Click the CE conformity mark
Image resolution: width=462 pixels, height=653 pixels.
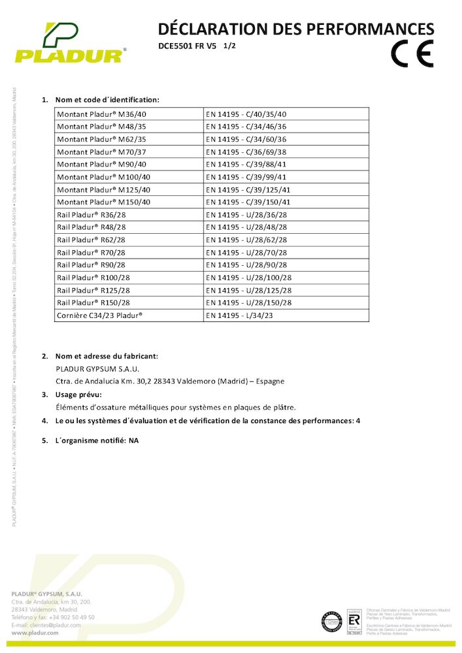412,54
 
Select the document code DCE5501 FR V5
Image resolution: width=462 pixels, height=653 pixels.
187,46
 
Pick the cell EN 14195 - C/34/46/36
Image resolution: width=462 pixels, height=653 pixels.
246,126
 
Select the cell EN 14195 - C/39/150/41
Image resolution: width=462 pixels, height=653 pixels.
248,202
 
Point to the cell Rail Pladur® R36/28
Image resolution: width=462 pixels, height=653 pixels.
91,214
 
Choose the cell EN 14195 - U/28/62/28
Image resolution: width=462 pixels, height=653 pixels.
246,240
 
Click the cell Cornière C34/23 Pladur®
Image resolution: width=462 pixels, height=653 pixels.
99,315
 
